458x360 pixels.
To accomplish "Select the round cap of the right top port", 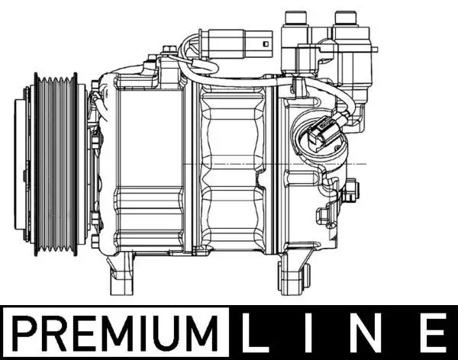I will click(x=346, y=16).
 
